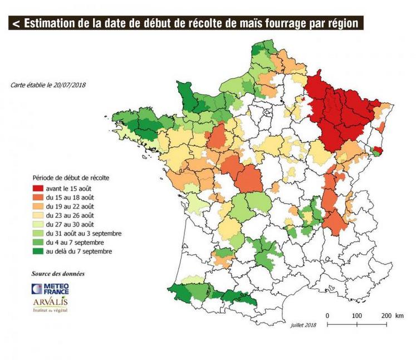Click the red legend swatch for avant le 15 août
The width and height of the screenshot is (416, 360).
[41, 189]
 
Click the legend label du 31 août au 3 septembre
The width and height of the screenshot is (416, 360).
[87, 233]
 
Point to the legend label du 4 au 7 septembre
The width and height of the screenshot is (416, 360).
[82, 243]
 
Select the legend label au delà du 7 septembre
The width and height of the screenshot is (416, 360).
[84, 251]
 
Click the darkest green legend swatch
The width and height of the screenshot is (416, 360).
[41, 251]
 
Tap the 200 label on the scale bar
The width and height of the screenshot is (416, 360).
[385, 315]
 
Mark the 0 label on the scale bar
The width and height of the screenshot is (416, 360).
[327, 315]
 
